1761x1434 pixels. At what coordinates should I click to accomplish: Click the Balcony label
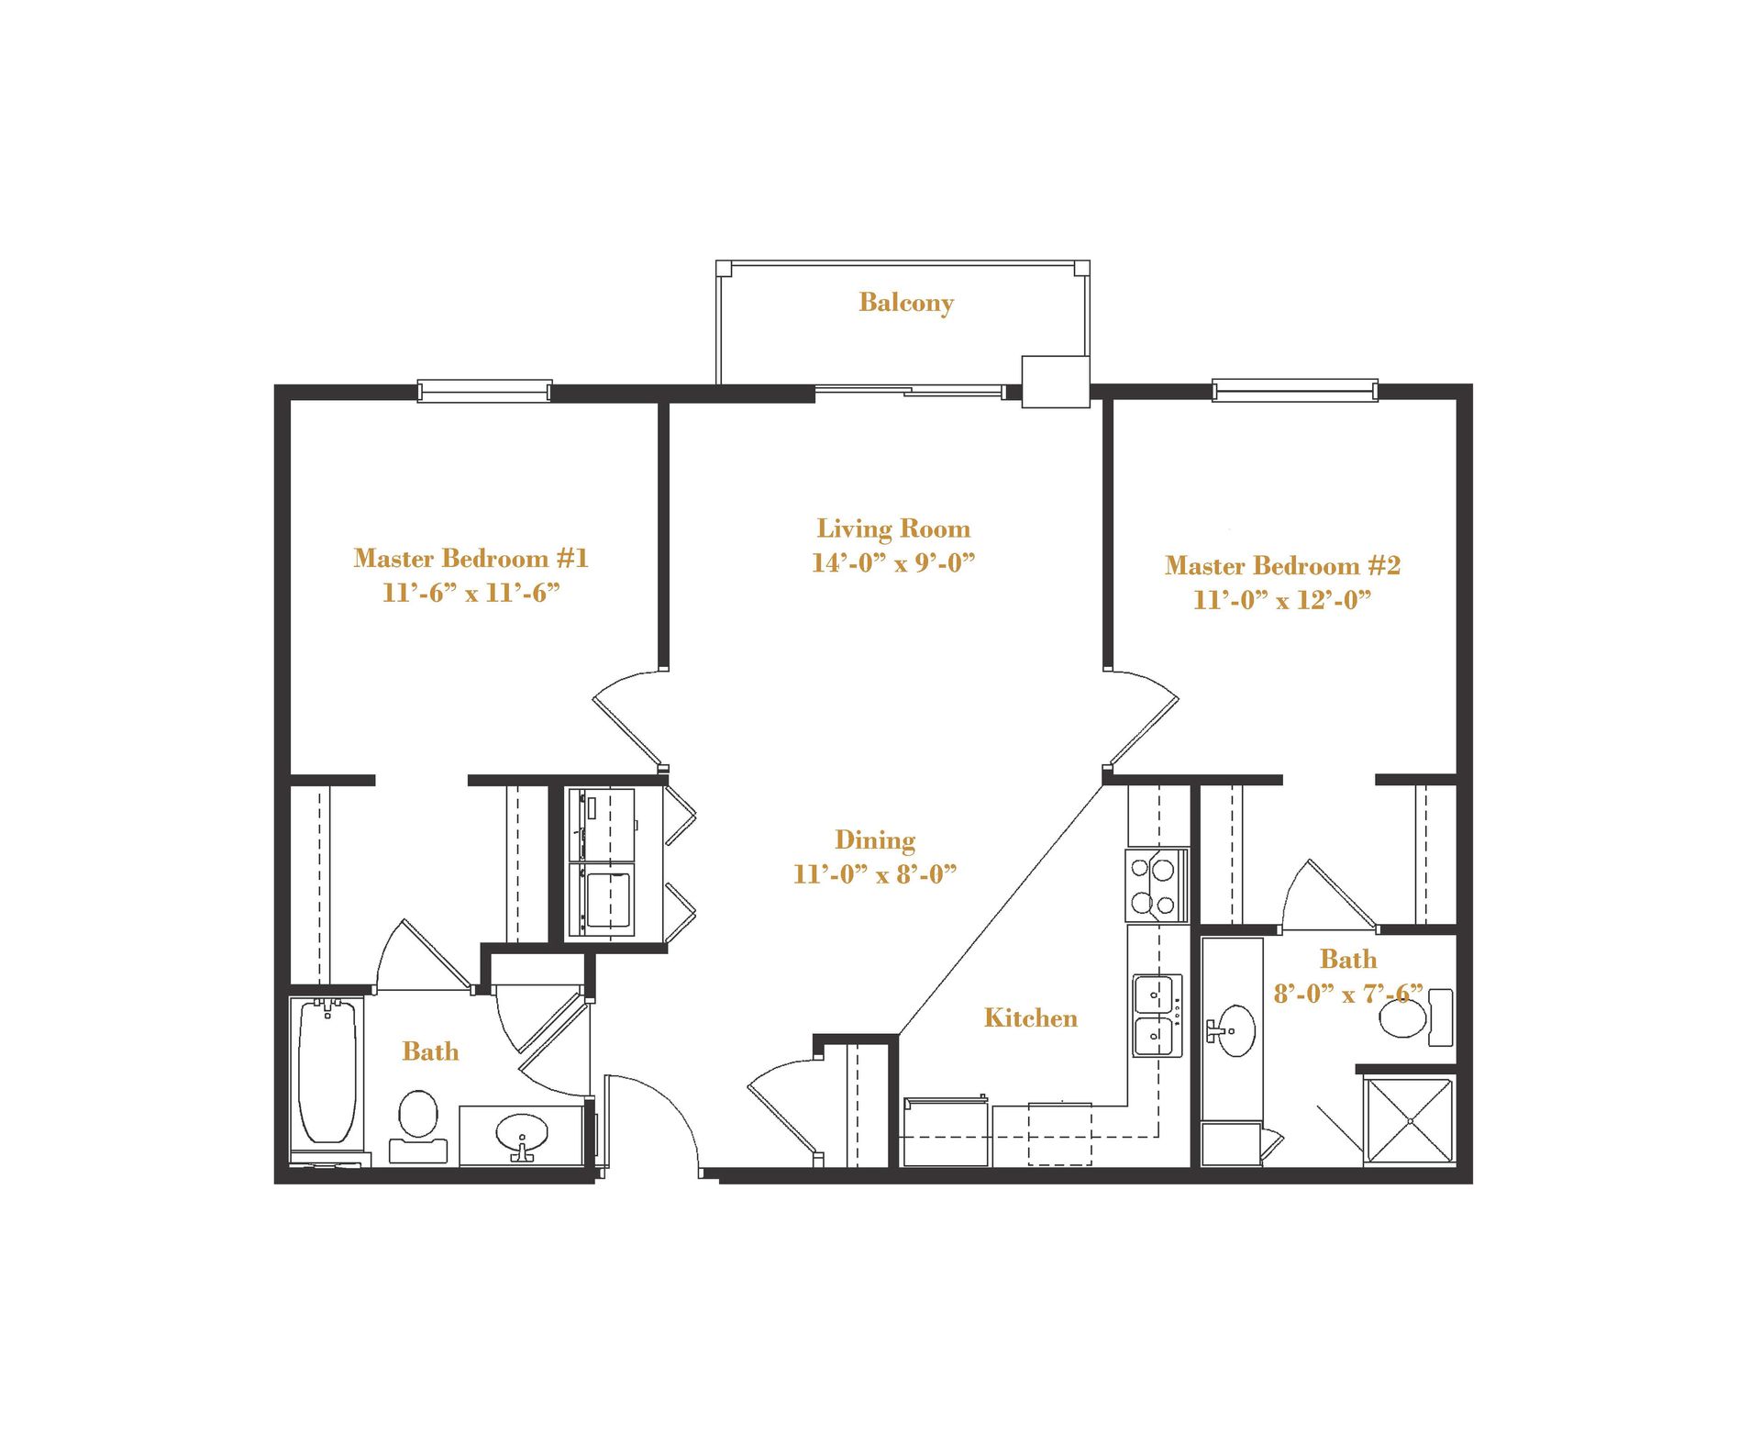[905, 303]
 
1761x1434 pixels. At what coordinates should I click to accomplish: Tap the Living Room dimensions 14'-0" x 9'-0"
[892, 562]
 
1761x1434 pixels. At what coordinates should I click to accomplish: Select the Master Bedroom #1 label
[471, 558]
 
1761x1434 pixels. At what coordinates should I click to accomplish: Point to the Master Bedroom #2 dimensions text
[1281, 600]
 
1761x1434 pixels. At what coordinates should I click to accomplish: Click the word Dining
[874, 840]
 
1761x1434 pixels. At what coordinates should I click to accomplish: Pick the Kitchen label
[1030, 1017]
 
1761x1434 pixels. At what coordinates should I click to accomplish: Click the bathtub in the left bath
[327, 1072]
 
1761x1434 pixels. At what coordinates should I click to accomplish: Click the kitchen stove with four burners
[1155, 885]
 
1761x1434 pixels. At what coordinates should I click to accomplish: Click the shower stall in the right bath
[1409, 1121]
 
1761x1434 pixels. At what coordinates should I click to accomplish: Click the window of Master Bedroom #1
[484, 392]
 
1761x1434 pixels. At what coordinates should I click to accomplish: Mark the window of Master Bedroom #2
[1294, 392]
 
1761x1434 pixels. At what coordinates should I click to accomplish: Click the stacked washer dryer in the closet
[602, 862]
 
